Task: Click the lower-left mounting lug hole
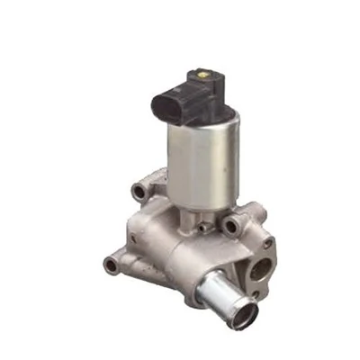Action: [111, 265]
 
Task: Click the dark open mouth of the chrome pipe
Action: [243, 315]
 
